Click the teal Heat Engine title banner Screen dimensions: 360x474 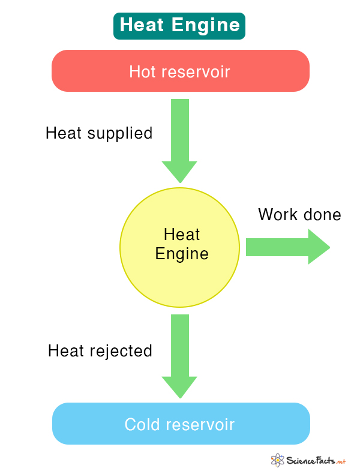pyautogui.click(x=179, y=26)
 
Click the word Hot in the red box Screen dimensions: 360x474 pyautogui.click(x=142, y=71)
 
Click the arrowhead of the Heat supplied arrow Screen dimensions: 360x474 pyautogui.click(x=179, y=172)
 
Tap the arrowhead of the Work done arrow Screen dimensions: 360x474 pyautogui.click(x=319, y=247)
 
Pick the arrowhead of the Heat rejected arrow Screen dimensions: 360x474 pyautogui.click(x=179, y=387)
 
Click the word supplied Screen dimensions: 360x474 pyautogui.click(x=120, y=134)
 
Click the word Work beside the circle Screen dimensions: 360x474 pyautogui.click(x=278, y=215)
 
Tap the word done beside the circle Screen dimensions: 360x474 pyautogui.click(x=322, y=215)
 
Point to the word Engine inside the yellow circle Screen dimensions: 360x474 pyautogui.click(x=182, y=253)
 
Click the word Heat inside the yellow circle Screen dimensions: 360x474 pyautogui.click(x=182, y=234)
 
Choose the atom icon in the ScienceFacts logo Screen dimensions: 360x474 pyautogui.click(x=277, y=460)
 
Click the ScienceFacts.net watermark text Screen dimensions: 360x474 pyautogui.click(x=316, y=460)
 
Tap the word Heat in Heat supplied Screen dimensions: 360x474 pyautogui.click(x=64, y=133)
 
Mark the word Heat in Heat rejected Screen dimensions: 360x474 pyautogui.click(x=66, y=350)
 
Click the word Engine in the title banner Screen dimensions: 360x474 pyautogui.click(x=206, y=25)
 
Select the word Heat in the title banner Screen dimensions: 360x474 pyautogui.click(x=142, y=25)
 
